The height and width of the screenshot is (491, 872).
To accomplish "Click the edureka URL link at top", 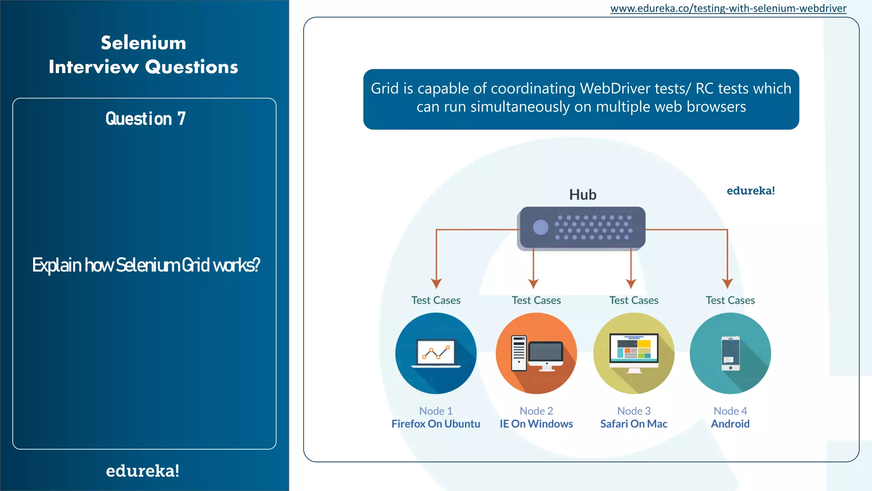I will pos(728,8).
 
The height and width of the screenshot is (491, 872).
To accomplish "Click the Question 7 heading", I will pos(146,118).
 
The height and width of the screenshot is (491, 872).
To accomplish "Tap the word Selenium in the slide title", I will pos(143,43).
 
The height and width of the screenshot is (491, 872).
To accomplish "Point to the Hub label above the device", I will pos(582,195).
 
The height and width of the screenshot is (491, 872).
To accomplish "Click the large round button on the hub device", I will pos(541,227).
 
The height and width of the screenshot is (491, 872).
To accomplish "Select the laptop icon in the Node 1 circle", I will pos(436,353).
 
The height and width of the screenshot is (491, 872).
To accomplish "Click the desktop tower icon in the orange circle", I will pos(519,353).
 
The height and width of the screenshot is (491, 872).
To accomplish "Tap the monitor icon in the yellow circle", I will pos(634,351).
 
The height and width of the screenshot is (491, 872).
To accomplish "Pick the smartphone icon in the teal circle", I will pos(731,353).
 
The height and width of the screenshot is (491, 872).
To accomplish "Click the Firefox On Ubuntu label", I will pos(436,424).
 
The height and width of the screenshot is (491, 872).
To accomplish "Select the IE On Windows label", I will pos(536,424).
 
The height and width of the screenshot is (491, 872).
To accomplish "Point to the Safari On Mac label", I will pos(634,424).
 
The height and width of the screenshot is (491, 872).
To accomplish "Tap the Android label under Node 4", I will pos(730,424).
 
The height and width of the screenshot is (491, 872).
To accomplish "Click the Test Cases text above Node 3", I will pos(634,300).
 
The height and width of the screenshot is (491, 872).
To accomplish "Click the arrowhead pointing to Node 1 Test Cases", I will pos(436,283).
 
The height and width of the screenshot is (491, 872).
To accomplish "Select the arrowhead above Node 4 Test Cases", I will pos(727,283).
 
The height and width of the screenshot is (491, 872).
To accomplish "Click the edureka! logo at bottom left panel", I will pos(143,471).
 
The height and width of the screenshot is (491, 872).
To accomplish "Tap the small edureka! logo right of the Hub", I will pos(750,191).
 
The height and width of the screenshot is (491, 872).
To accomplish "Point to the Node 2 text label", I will pos(536,411).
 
